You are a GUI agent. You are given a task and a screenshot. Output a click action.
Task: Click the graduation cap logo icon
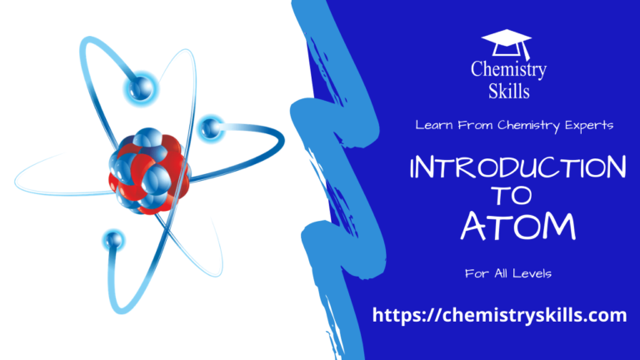click(x=506, y=42)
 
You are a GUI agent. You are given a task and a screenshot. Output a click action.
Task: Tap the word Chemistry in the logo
click(x=507, y=70)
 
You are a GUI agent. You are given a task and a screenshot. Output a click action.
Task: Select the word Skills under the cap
click(x=507, y=90)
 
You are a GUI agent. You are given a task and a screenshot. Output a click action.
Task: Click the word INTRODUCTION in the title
click(x=517, y=168)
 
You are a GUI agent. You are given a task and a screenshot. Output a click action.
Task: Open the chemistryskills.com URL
click(x=499, y=314)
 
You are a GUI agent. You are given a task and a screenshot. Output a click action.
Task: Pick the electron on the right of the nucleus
click(x=211, y=127)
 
